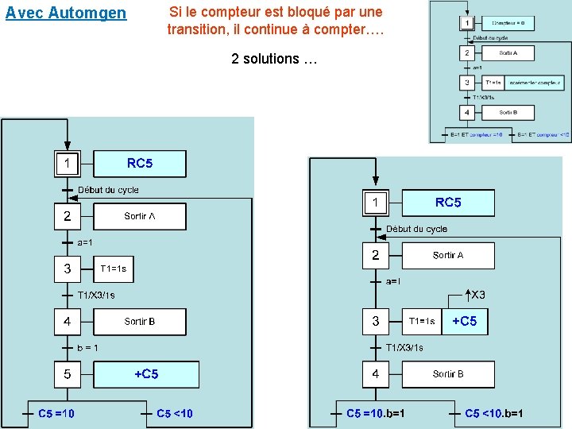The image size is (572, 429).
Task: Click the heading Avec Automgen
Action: (66, 13)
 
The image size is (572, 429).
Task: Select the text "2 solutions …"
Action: (275, 59)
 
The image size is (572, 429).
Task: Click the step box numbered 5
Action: (68, 374)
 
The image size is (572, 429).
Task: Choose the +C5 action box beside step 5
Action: (146, 374)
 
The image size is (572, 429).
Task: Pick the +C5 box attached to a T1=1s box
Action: (465, 321)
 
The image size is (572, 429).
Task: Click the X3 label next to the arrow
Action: (478, 296)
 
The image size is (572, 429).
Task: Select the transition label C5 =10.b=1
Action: (375, 413)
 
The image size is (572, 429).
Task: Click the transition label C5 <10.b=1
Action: (493, 413)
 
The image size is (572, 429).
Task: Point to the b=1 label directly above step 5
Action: (88, 348)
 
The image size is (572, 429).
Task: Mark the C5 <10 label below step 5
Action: (174, 413)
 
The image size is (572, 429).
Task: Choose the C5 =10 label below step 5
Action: (56, 413)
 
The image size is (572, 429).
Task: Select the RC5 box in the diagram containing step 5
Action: (140, 164)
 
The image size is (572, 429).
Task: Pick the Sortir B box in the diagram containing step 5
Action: (140, 322)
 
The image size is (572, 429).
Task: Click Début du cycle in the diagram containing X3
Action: (416, 229)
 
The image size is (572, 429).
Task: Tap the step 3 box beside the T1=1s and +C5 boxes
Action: (376, 322)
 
